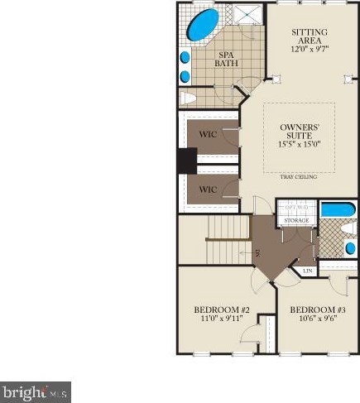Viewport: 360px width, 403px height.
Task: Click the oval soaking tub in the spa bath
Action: [203, 26]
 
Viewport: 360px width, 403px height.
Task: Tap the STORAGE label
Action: [296, 221]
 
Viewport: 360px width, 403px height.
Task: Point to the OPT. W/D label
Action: [296, 207]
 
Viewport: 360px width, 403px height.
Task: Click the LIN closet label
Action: [307, 271]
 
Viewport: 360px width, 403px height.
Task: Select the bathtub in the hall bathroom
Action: [338, 209]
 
